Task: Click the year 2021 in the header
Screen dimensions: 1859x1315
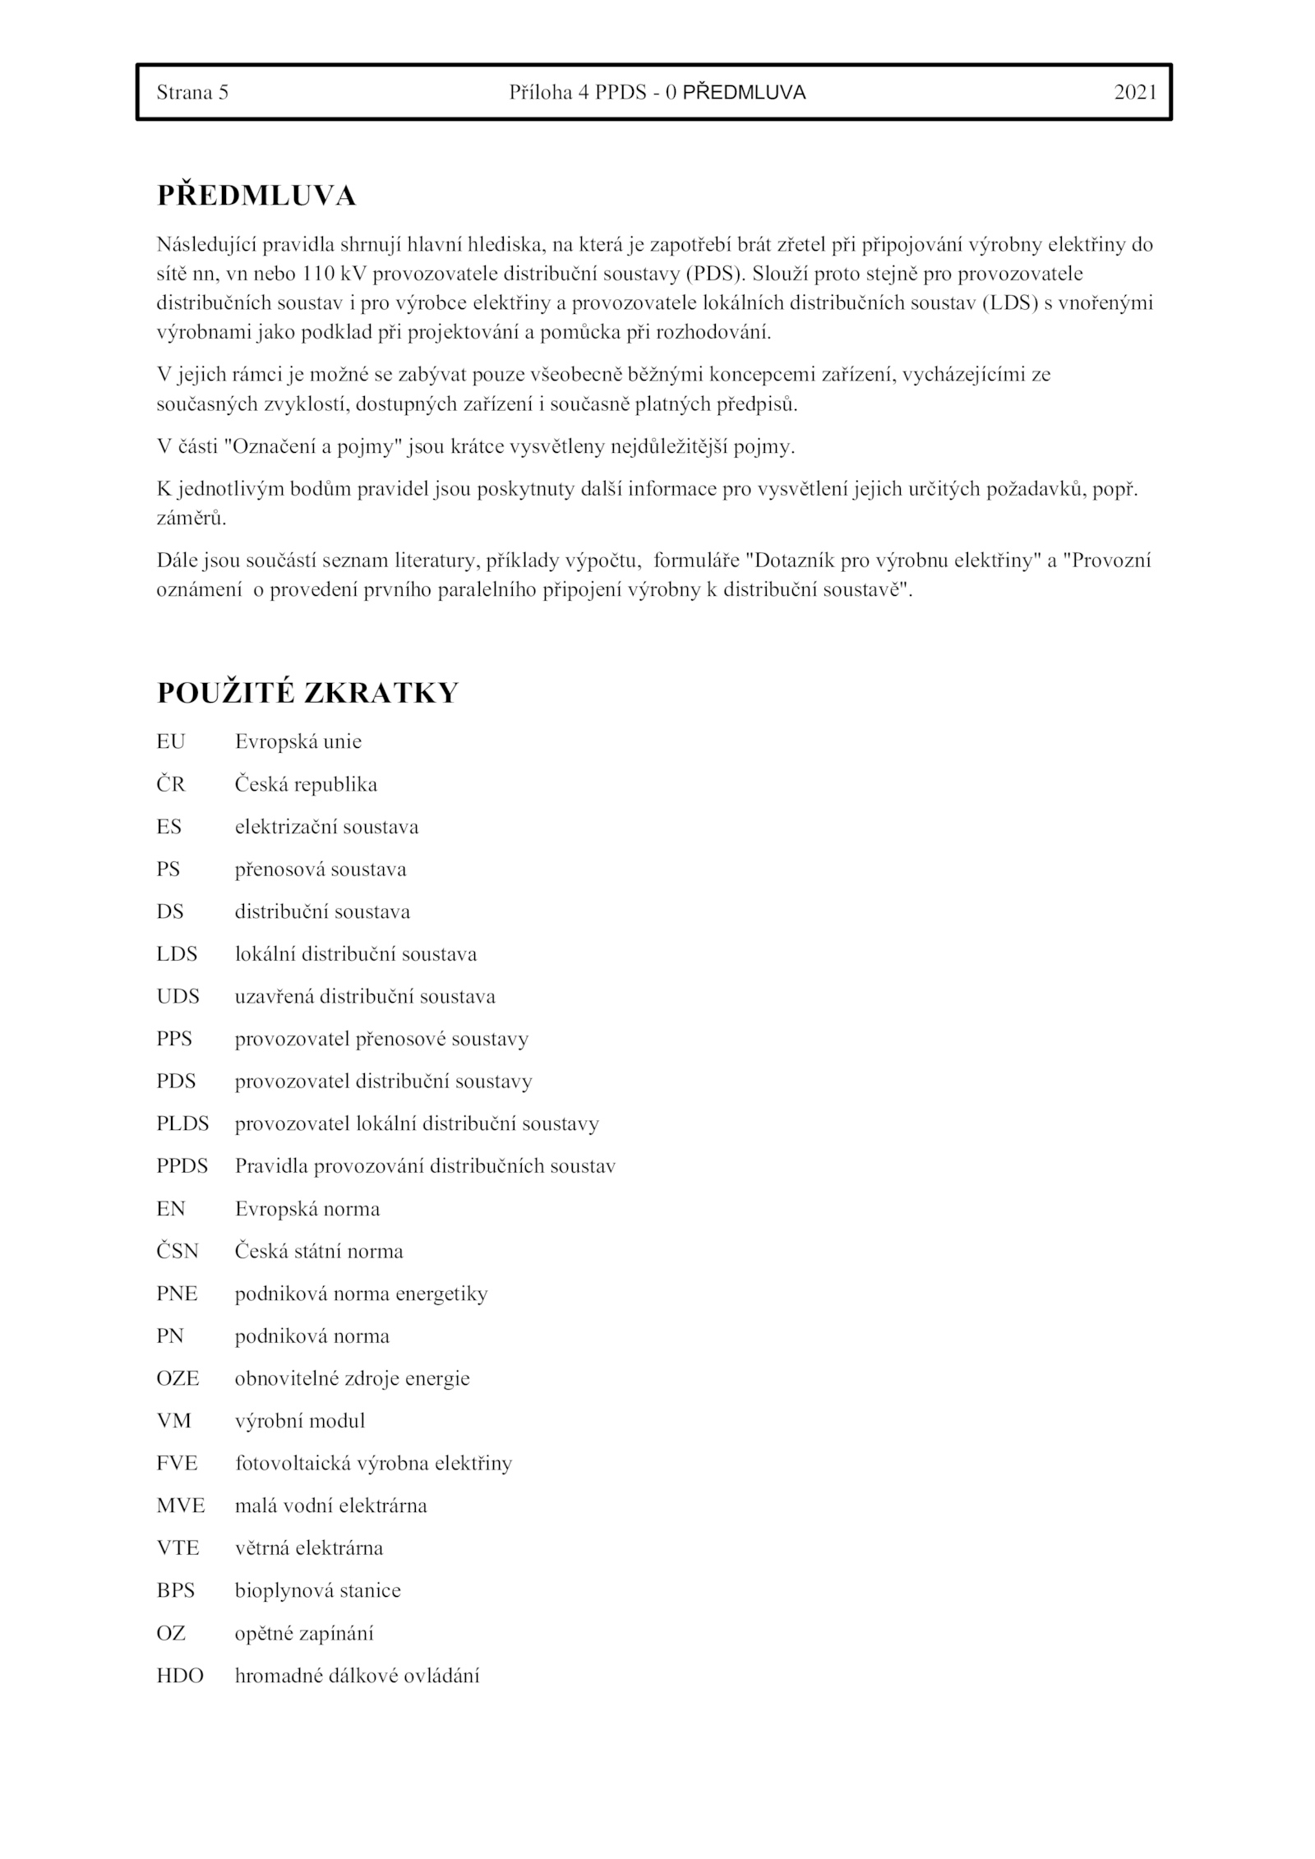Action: pyautogui.click(x=1135, y=93)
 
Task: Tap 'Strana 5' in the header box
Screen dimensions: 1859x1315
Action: pyautogui.click(x=192, y=93)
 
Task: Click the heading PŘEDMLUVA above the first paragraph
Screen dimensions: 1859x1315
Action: pyautogui.click(x=256, y=196)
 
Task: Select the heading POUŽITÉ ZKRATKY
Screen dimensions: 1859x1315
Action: pyautogui.click(x=307, y=693)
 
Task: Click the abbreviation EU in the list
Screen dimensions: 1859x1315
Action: pyautogui.click(x=171, y=741)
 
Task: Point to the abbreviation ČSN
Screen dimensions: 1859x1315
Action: pyautogui.click(x=178, y=1251)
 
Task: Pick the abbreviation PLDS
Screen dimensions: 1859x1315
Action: pyautogui.click(x=182, y=1123)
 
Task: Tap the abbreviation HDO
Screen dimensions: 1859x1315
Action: pyautogui.click(x=180, y=1675)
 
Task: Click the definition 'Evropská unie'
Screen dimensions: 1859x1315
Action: pyautogui.click(x=298, y=741)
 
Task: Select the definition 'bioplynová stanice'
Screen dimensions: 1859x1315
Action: pyautogui.click(x=318, y=1590)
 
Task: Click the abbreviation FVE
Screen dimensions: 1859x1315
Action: pyautogui.click(x=178, y=1463)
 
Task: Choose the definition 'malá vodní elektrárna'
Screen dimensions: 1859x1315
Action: pyautogui.click(x=331, y=1506)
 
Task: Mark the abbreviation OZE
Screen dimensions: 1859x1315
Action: pyautogui.click(x=178, y=1378)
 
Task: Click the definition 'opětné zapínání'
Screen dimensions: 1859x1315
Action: pyautogui.click(x=304, y=1633)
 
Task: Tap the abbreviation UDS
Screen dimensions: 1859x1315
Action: pyautogui.click(x=178, y=996)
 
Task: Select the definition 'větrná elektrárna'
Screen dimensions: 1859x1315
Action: pyautogui.click(x=309, y=1548)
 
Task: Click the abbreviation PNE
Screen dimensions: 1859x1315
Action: pyautogui.click(x=177, y=1294)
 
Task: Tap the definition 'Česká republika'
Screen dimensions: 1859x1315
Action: pyautogui.click(x=306, y=784)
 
